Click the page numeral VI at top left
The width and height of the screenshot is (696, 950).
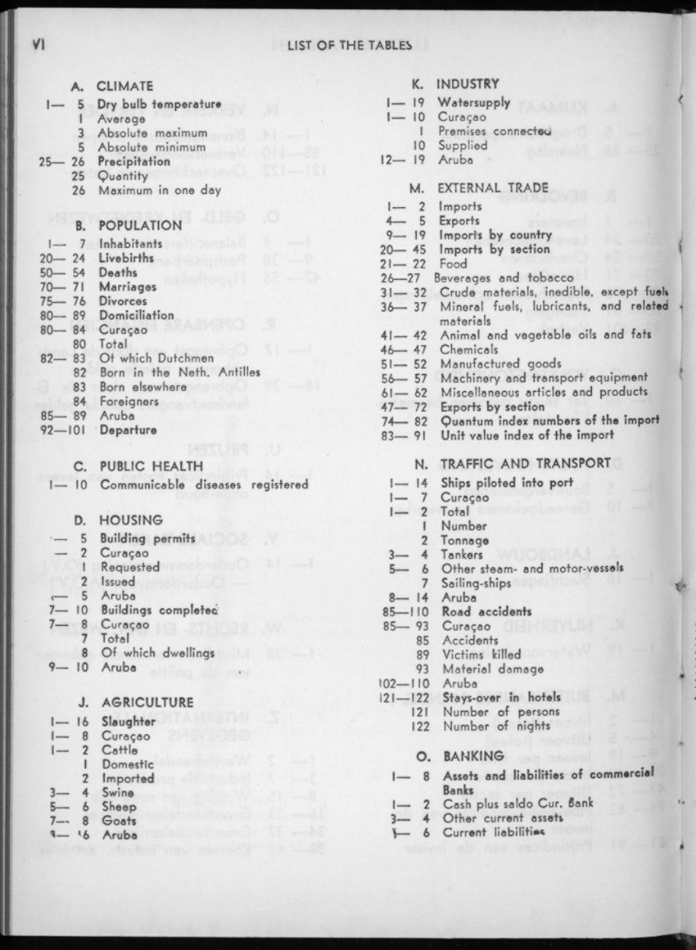point(35,45)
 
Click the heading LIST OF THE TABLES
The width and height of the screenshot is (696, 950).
point(349,46)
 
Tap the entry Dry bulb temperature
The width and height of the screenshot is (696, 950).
point(160,105)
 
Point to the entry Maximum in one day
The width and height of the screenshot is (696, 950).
point(160,191)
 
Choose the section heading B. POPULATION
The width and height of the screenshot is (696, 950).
point(129,225)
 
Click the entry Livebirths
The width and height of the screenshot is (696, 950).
point(127,259)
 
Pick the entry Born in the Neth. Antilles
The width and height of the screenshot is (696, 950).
point(179,372)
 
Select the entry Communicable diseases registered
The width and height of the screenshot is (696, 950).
point(204,484)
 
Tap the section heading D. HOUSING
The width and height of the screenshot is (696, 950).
point(119,520)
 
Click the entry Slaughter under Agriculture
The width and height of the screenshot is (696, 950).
point(129,722)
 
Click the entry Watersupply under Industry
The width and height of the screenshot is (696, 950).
point(474,103)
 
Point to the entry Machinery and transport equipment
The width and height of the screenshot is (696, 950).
point(545,378)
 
